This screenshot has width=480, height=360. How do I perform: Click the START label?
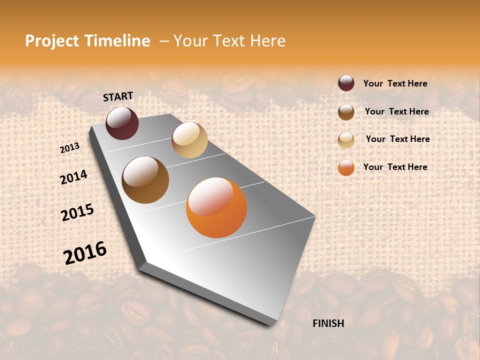click(x=118, y=96)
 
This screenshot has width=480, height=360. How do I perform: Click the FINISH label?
click(x=328, y=323)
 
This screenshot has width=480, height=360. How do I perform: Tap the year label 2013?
click(x=69, y=148)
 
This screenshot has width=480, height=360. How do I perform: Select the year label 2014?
click(x=73, y=177)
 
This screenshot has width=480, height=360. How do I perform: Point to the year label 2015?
click(x=77, y=212)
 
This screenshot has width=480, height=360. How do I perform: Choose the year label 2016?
click(x=85, y=253)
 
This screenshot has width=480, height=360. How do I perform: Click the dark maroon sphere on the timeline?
click(x=122, y=123)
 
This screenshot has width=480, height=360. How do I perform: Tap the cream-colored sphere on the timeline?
click(x=189, y=140)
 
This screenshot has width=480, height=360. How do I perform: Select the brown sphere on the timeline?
click(x=145, y=180)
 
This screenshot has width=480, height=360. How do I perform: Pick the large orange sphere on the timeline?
click(x=216, y=207)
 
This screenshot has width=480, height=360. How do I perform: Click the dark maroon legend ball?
click(x=346, y=83)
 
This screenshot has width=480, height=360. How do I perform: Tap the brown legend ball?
click(x=346, y=111)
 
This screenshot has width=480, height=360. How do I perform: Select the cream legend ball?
click(x=346, y=139)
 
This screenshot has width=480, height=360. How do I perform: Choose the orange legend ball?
click(x=346, y=167)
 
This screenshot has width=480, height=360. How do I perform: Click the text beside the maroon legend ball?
click(x=395, y=83)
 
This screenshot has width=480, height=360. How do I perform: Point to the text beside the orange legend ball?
click(x=395, y=167)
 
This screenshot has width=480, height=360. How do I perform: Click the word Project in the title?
click(x=52, y=41)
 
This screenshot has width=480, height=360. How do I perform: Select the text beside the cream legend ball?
click(x=397, y=139)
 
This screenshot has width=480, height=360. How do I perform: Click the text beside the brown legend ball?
click(x=396, y=111)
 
